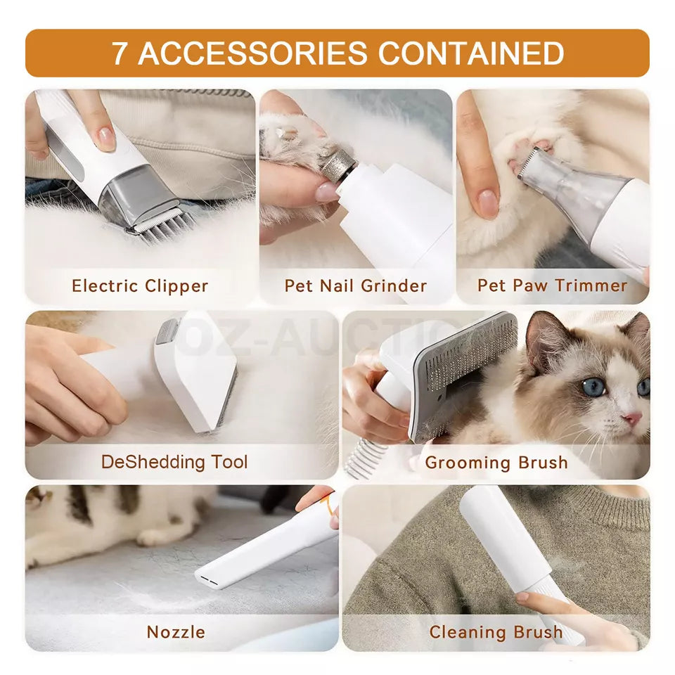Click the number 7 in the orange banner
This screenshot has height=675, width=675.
(x=120, y=53)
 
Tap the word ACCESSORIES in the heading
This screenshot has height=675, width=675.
(x=252, y=53)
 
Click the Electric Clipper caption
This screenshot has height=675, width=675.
(x=140, y=286)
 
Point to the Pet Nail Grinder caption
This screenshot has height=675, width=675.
(x=355, y=286)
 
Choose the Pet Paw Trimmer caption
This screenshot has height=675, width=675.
(x=552, y=285)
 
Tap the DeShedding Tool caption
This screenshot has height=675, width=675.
(x=174, y=462)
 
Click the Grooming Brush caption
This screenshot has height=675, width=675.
(x=496, y=463)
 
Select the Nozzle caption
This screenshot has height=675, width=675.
(x=176, y=632)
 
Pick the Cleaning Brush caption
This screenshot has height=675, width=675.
(x=496, y=632)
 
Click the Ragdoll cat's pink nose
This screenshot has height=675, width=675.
(x=632, y=419)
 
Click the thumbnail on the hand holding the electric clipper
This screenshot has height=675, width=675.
(x=105, y=136)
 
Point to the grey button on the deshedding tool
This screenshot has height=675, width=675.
(x=167, y=331)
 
